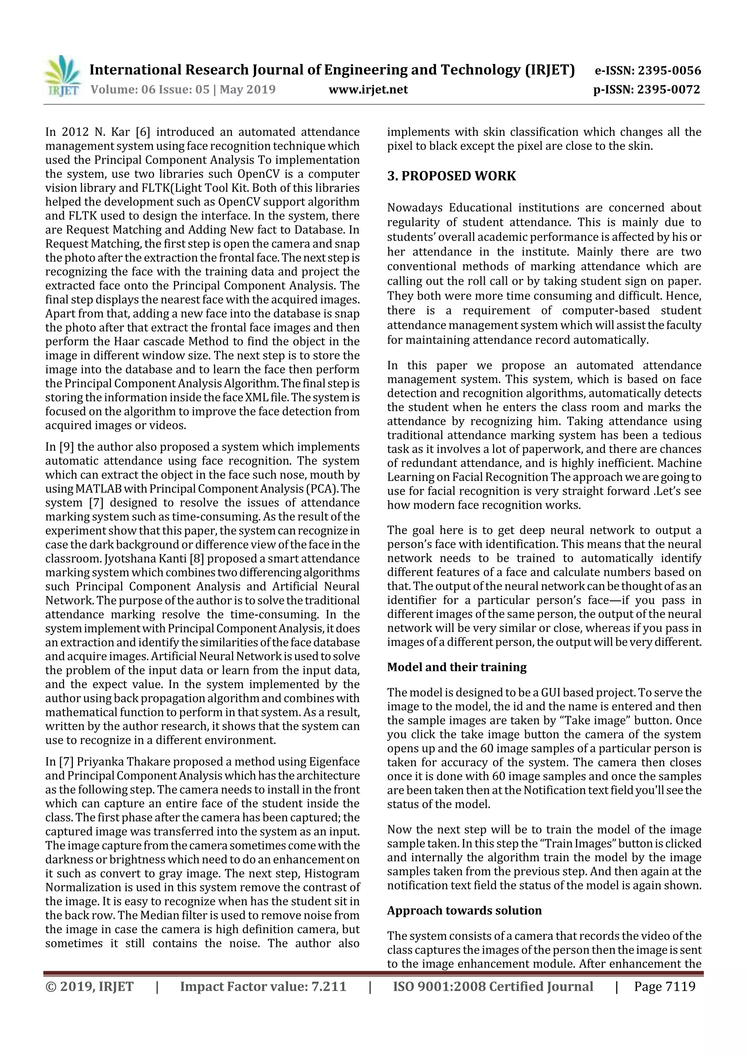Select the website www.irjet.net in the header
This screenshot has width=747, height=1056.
368,89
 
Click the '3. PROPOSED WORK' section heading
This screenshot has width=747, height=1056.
451,176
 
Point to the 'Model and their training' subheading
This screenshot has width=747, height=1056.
457,667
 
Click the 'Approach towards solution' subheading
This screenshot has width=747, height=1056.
464,910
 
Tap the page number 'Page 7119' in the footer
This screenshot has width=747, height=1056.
664,986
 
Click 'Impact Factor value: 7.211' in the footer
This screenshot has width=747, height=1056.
263,986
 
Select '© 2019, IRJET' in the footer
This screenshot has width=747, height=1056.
89,986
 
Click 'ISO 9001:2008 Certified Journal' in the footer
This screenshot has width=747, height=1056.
493,986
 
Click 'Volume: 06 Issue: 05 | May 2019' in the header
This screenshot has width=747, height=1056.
183,89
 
